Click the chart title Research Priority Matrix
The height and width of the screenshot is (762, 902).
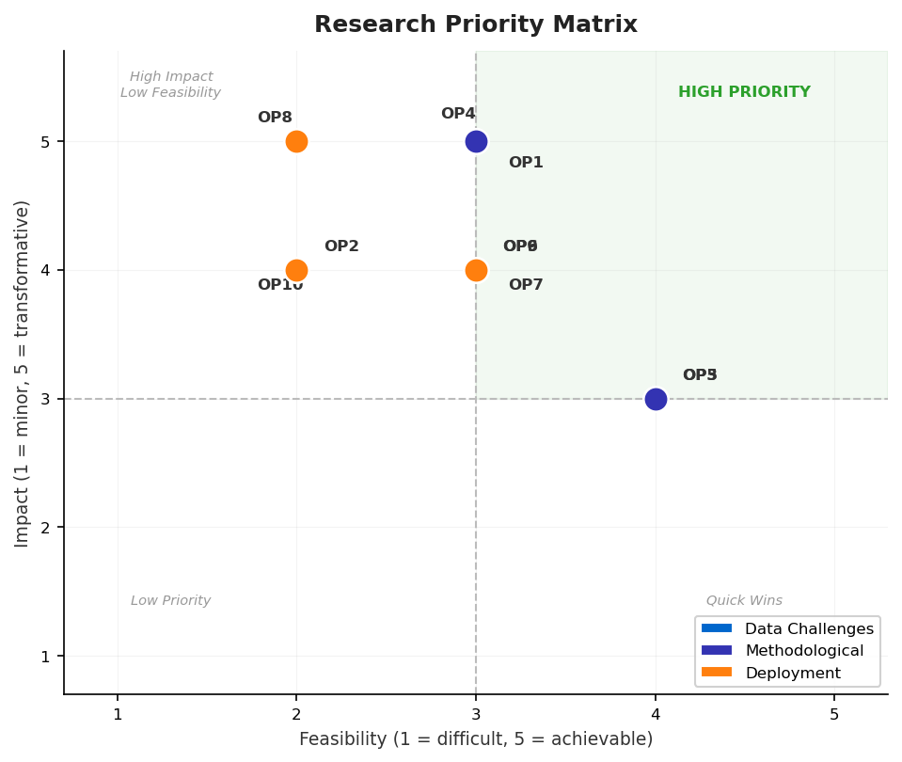coord(475,25)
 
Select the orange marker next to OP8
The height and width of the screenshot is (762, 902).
coord(296,142)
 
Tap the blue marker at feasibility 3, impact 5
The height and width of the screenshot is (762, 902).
coord(476,142)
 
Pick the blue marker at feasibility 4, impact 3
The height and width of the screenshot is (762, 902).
coord(656,399)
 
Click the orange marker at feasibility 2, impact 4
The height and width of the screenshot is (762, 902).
coord(296,271)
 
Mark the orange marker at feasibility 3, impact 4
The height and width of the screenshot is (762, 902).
coord(476,271)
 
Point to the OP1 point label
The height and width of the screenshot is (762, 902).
coord(526,163)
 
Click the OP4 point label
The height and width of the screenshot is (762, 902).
coord(458,114)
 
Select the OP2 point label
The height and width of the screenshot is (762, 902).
coord(341,246)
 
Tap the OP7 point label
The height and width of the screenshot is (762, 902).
coord(526,285)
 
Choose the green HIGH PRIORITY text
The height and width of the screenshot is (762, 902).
coord(744,92)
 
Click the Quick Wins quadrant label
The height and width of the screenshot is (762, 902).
coord(744,601)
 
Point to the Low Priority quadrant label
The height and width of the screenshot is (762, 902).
coord(170,601)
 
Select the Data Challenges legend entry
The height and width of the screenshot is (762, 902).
coord(809,628)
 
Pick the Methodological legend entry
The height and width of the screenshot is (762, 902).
coord(804,651)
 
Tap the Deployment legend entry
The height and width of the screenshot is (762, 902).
coord(793,673)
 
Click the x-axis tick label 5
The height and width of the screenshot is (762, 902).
coord(834,714)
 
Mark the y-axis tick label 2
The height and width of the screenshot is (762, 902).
coord(45,528)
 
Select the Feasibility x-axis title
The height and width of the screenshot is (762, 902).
coord(476,739)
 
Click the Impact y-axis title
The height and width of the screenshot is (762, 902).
coord(23,373)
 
